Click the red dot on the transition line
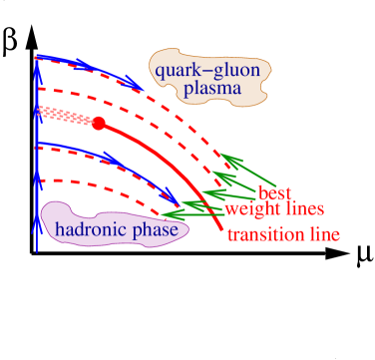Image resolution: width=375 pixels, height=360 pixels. click(x=99, y=124)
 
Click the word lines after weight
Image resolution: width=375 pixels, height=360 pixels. click(x=302, y=209)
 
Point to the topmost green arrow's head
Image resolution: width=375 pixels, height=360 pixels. click(x=225, y=157)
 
